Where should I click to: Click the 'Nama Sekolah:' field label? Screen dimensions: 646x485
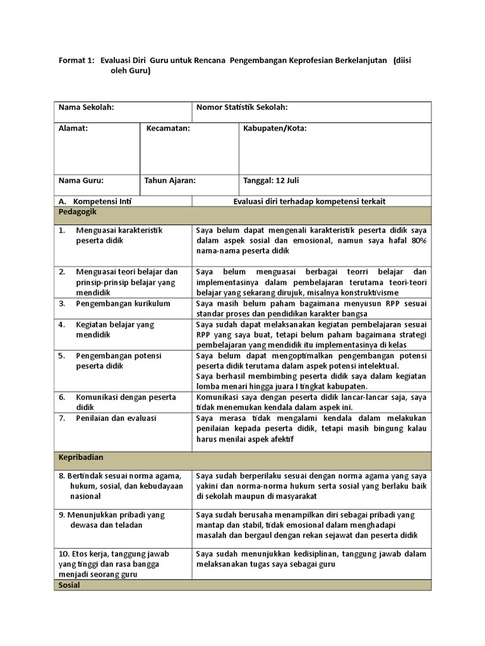coord(86,108)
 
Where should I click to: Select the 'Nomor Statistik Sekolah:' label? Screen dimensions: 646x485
coord(242,108)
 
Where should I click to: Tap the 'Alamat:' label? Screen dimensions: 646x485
coord(73,128)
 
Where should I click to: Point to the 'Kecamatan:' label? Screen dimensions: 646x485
coord(168,128)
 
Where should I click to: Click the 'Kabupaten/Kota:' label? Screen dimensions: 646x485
coord(275,128)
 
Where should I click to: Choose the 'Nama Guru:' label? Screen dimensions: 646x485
coord(81,180)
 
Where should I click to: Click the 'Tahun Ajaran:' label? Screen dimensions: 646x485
coord(170,180)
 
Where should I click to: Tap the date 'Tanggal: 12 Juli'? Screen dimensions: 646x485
coord(271,180)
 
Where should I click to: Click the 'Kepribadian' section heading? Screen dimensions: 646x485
coord(80,457)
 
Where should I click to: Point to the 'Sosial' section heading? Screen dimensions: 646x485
coord(69,585)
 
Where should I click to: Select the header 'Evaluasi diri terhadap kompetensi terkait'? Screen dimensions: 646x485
coord(309,201)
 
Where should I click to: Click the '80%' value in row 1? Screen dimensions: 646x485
coord(417,240)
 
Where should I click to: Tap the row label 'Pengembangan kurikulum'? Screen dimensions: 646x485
coord(123,303)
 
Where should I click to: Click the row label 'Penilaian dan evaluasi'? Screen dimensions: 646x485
coord(116,418)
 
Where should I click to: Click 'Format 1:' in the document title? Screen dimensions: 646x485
coord(76,60)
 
